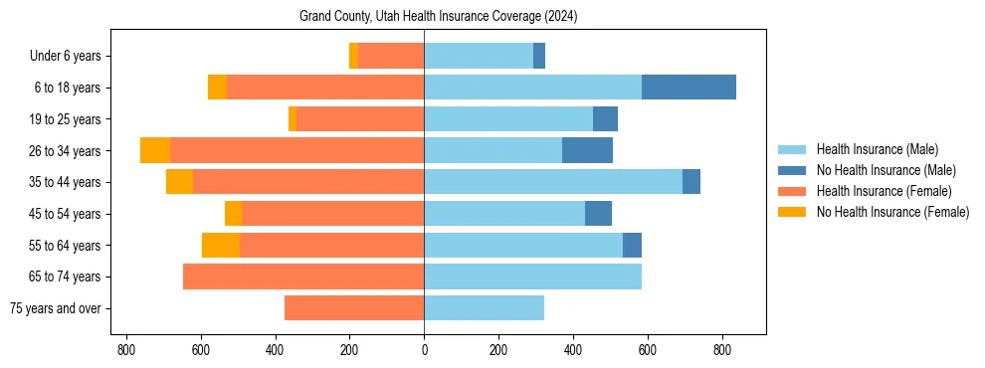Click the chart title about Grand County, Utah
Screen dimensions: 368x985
(438, 17)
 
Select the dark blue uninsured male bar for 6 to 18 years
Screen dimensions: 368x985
(689, 88)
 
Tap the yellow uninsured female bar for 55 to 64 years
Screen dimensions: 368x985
(221, 245)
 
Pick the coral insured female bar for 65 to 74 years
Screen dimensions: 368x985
(303, 276)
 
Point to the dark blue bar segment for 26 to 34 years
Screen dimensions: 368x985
(587, 150)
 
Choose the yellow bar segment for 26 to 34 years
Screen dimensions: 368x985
(155, 150)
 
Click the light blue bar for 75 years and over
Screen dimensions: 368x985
(484, 308)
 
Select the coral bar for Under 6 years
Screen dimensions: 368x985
(391, 56)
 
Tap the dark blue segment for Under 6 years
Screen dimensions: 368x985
(539, 56)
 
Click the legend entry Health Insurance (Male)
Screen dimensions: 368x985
(877, 149)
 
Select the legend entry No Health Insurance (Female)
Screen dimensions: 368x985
(892, 212)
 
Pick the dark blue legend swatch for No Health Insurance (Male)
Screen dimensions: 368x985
(791, 170)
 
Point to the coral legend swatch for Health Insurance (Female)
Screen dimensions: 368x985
(791, 191)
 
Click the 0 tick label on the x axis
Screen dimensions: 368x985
(424, 350)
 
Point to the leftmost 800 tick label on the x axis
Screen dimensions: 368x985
(125, 350)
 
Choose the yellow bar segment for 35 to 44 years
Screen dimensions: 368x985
(179, 182)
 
